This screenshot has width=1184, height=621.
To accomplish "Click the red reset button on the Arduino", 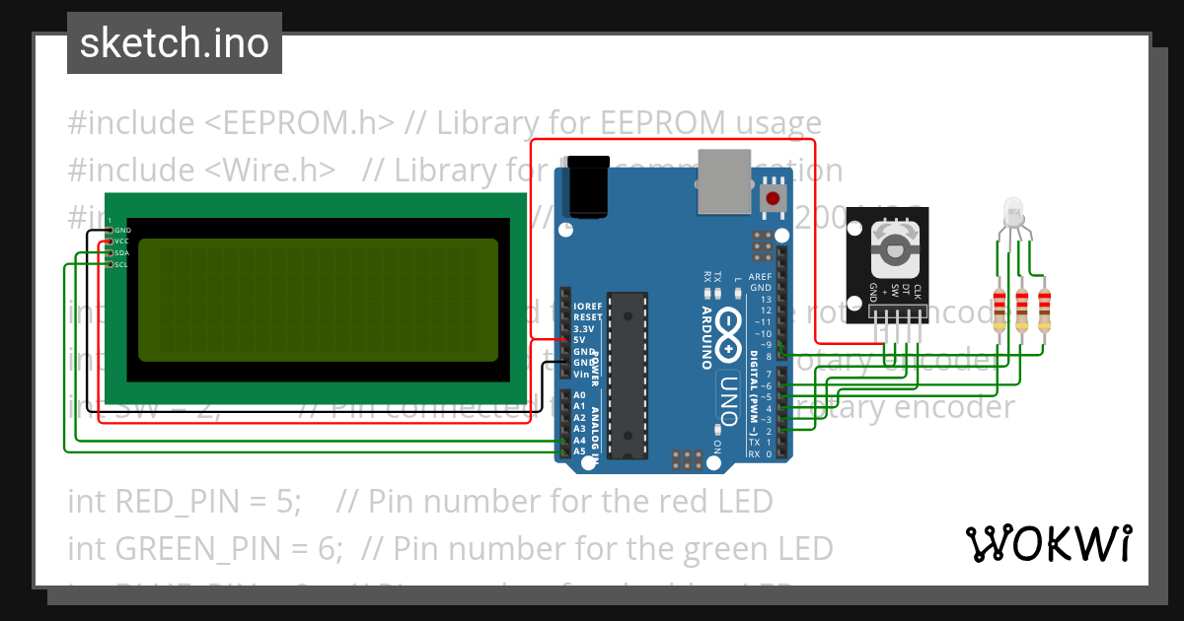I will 773,198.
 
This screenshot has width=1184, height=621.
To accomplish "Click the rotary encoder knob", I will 895,247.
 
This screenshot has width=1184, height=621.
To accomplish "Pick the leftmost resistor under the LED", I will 1000,309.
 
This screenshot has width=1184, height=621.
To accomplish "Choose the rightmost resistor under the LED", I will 1044,309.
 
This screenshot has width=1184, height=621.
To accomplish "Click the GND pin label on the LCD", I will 122,230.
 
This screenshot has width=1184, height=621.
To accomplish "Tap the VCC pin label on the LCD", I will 121,241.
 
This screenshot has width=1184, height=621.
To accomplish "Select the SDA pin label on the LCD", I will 121,253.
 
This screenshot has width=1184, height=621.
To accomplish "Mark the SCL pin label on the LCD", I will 121,265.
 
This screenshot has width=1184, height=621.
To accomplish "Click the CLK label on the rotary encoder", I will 918,292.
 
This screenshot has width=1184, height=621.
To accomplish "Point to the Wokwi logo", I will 1049,543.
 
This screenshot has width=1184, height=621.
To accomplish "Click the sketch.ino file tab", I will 175,43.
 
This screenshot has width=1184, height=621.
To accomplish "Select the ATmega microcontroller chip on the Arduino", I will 626,375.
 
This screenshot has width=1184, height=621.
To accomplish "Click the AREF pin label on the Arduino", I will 760,278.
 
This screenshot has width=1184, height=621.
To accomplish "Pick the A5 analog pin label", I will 580,451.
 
